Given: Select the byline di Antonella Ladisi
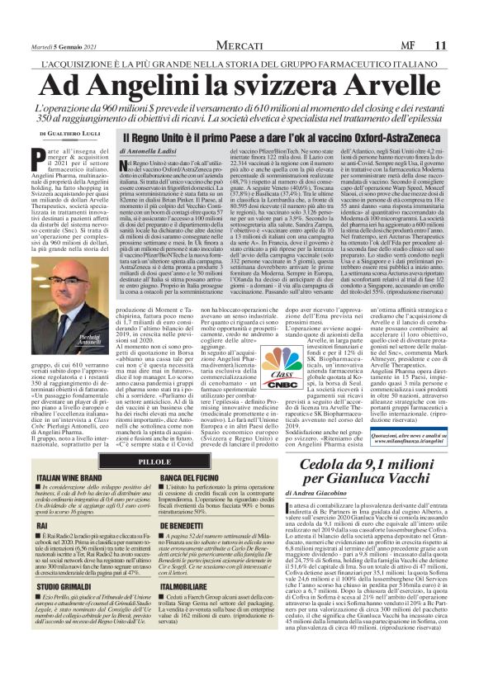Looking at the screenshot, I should tap(151, 151).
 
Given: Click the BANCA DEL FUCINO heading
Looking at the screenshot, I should tap(189, 478).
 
